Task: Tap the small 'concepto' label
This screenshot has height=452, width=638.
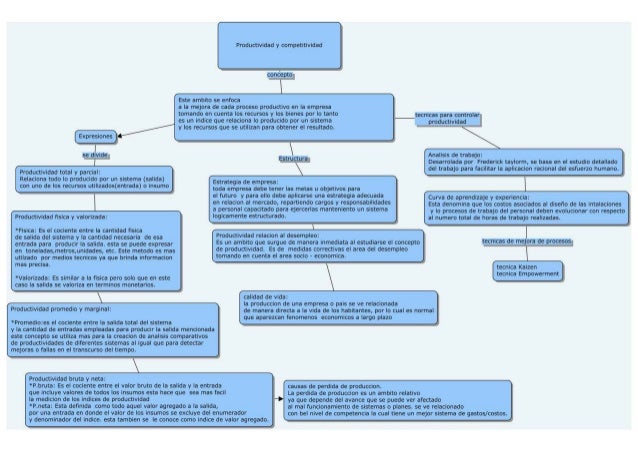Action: (279, 76)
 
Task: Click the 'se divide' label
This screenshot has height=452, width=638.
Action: (95, 156)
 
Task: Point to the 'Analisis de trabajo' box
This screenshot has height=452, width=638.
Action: (520, 164)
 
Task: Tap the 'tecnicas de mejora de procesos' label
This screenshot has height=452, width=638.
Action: (526, 242)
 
